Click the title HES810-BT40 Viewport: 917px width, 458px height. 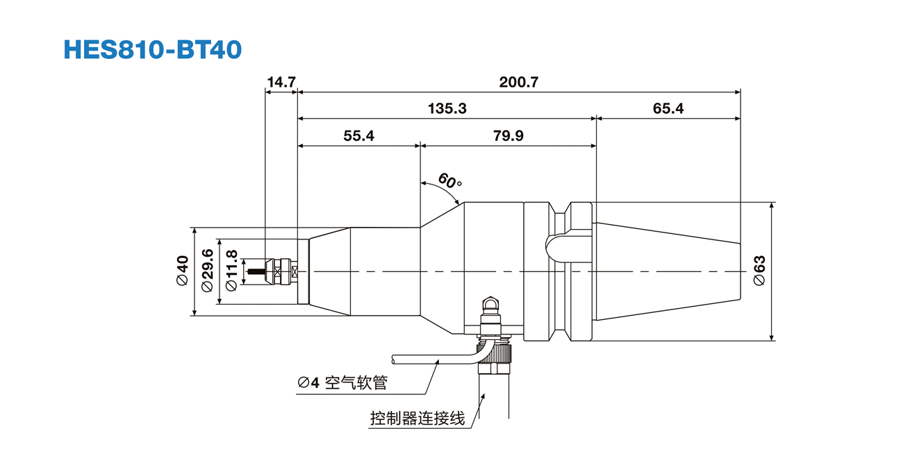pos(153,49)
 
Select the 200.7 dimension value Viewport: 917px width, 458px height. pos(518,82)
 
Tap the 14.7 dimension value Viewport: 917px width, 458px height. pos(281,82)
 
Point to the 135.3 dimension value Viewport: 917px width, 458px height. pos(447,108)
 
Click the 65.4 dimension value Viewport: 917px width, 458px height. pos(668,108)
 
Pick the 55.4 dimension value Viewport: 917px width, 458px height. pos(358,136)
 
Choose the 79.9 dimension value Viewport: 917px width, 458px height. pos(508,136)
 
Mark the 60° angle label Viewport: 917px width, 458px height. pos(450,182)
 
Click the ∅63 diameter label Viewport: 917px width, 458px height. pos(759,271)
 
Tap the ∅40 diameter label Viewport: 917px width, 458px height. pos(182,271)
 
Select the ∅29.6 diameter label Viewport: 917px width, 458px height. pos(206,271)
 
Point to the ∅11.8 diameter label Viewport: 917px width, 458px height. pos(231,271)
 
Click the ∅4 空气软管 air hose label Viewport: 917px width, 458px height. pos(342,382)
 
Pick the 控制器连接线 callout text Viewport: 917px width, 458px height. pos(417,418)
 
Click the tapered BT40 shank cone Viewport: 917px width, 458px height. pos(667,271)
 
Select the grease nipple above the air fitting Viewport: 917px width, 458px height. pos(491,305)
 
